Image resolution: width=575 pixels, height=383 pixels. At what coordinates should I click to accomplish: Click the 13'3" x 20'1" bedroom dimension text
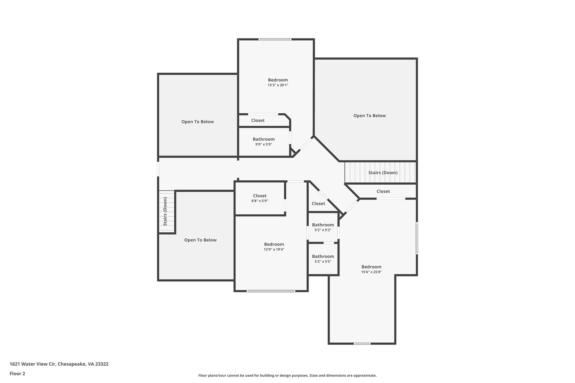coord(278,85)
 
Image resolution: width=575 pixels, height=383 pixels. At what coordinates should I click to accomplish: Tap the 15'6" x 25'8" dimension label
coord(371,272)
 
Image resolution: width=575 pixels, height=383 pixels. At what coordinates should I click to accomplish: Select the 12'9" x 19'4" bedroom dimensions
coord(274,249)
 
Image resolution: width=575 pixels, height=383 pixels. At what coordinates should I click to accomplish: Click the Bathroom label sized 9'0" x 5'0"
coord(263,139)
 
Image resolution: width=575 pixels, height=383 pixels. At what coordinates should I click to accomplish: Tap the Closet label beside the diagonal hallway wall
coord(318,204)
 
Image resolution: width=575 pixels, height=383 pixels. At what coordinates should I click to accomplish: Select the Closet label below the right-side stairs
coord(383,191)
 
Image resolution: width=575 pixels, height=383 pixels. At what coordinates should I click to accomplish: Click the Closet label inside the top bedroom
coord(258,120)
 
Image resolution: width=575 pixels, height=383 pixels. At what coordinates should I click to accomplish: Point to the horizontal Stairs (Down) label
coord(383,173)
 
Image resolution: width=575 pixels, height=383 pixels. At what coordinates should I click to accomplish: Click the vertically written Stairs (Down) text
coord(165,211)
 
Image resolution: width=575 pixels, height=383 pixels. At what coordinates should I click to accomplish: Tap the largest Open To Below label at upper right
coord(369,116)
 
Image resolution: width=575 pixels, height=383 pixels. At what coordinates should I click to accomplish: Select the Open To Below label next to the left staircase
coord(200,240)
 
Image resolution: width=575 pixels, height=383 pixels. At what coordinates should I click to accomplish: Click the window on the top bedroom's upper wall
coord(275,40)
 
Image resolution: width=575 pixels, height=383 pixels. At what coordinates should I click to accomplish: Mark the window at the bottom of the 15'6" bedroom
coord(362,343)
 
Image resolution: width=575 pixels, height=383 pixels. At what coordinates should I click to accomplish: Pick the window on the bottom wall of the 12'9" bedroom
coord(271,291)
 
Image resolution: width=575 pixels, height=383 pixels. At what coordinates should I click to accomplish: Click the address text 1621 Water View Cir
coord(59,364)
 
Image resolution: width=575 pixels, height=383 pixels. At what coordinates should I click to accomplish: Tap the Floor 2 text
coord(17,373)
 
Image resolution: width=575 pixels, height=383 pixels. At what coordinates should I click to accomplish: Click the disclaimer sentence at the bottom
coord(287,375)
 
